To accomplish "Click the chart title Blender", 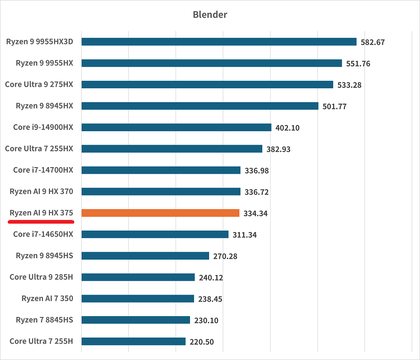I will [210, 14].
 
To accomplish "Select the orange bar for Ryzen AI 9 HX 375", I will [160, 213].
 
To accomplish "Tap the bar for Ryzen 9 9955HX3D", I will [219, 42].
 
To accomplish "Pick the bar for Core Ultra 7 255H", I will [133, 341].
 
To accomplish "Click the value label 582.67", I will [372, 42].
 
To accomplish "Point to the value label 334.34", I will [255, 213].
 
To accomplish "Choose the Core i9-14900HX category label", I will [43, 127].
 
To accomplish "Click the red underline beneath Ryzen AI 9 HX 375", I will [41, 222].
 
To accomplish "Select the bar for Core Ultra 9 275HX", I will [207, 85].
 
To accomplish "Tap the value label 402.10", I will [287, 127].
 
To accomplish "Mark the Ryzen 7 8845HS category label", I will [44, 320].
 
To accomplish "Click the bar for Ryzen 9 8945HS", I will [145, 255].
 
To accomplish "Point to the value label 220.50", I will [202, 342].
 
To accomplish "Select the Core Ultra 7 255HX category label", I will [39, 148].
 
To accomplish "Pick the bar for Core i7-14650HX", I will [155, 234].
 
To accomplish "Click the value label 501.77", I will [335, 106].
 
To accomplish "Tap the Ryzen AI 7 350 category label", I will [47, 298].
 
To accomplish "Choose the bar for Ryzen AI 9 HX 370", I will [161, 191].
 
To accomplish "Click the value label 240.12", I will [211, 277].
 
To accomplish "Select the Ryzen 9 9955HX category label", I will [44, 63].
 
